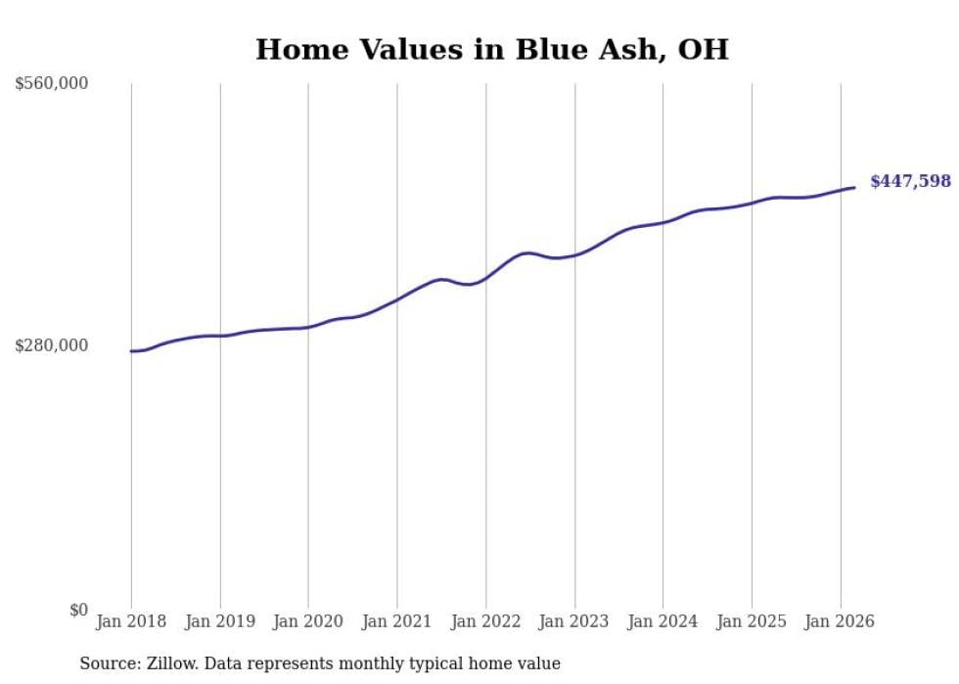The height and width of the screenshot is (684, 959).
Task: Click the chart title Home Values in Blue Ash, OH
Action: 491,50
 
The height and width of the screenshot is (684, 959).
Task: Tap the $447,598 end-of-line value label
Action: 910,181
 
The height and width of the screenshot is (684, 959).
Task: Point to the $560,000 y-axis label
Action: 51,84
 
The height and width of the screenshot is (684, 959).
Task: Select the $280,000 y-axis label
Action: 51,345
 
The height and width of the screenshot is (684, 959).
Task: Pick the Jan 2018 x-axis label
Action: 131,621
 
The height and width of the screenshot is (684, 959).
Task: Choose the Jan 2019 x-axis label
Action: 220,621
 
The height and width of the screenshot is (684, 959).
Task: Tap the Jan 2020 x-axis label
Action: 308,621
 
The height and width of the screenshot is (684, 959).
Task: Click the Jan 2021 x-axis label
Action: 397,621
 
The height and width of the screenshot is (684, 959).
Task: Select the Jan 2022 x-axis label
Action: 485,621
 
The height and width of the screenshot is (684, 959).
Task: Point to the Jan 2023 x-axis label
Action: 574,621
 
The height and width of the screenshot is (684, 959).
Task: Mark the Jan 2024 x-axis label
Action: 662,621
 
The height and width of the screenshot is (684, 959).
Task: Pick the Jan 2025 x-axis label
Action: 752,621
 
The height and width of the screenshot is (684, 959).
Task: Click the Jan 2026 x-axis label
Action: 840,621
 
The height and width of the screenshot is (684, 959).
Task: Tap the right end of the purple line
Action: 855,187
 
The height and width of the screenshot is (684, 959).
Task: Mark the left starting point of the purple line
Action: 131,350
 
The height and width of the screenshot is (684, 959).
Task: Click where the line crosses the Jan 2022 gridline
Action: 485,278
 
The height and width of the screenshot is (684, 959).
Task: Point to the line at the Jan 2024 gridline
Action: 662,223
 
